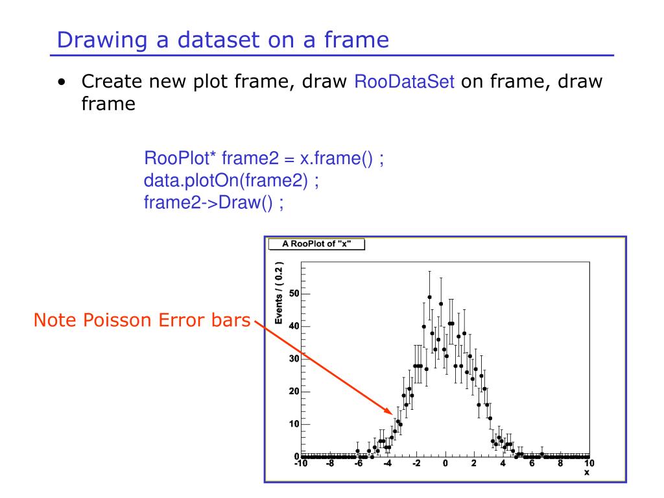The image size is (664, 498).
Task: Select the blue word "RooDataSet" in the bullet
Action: click(x=405, y=81)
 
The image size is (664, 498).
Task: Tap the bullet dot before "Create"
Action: click(x=62, y=82)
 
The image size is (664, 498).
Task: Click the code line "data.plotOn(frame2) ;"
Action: click(x=231, y=180)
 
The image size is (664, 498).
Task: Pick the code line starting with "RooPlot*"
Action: click(x=264, y=158)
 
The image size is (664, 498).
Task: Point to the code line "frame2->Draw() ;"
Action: click(x=214, y=202)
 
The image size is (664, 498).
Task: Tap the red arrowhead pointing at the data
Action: click(x=388, y=410)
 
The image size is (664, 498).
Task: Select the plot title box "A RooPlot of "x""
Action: click(x=316, y=244)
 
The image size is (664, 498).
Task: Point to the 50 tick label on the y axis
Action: click(x=294, y=294)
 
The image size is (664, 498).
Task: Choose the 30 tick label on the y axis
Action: click(x=294, y=359)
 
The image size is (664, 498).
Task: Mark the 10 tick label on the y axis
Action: click(x=294, y=424)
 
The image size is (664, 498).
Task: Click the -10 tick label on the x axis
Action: click(x=301, y=463)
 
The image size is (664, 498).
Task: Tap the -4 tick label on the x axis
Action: click(x=388, y=463)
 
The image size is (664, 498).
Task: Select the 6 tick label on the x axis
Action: click(x=532, y=463)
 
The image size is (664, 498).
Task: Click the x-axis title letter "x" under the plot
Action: click(x=586, y=473)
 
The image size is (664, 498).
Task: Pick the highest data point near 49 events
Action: click(x=429, y=297)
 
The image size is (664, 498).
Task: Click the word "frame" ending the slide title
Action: click(x=357, y=40)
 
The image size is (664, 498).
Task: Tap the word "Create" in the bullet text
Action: click(x=112, y=81)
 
